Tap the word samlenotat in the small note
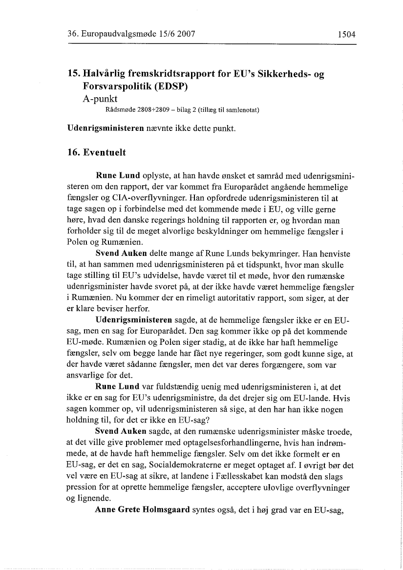tap(240, 110)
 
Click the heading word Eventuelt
tap(104, 152)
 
